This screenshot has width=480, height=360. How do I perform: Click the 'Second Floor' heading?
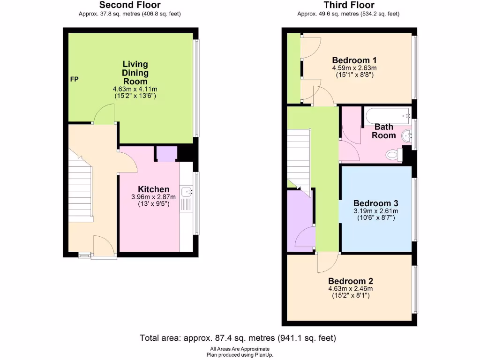pos(130,5)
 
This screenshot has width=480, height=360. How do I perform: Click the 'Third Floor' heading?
pos(349,5)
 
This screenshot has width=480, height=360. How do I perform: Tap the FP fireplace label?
pos(74,79)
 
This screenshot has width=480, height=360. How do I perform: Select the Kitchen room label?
pos(153,189)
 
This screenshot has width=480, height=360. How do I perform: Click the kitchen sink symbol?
pos(188,191)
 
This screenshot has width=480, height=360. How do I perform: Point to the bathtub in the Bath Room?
pos(388,115)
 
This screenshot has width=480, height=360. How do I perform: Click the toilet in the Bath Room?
pos(392,154)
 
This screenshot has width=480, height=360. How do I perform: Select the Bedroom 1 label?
pos(354,60)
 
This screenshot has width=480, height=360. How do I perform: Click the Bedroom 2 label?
pos(351,281)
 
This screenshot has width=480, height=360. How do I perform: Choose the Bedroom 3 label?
pos(375,203)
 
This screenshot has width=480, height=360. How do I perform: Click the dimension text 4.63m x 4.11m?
pos(135,89)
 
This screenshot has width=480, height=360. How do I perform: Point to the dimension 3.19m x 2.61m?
pos(375,211)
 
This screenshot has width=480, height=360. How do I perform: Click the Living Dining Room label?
pos(135,73)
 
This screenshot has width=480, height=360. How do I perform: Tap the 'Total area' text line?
pos(238,337)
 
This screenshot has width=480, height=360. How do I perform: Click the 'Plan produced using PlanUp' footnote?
pos(240,355)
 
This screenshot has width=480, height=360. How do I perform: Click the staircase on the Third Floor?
pos(299,159)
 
